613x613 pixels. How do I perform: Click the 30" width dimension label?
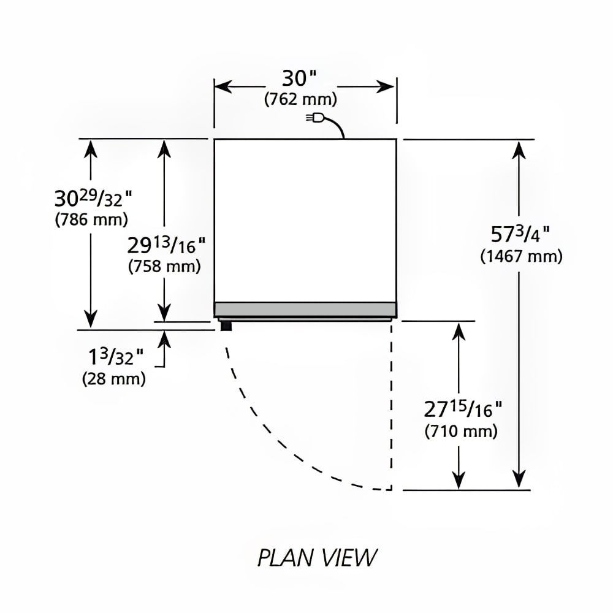point(299,78)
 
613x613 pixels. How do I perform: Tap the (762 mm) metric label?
point(300,99)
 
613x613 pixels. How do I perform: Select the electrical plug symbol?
point(315,117)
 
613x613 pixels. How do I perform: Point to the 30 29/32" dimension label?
point(93,198)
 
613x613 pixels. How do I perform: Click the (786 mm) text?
point(91,219)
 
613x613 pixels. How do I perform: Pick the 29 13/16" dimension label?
point(166,245)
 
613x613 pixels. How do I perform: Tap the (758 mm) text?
point(164,266)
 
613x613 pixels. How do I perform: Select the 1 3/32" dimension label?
point(116,356)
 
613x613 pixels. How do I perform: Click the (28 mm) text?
point(114,378)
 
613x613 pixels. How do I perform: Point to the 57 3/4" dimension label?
point(520,234)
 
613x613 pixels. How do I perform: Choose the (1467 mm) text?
point(521,256)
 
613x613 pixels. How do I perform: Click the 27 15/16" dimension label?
point(462,409)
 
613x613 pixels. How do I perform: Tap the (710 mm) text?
point(461,431)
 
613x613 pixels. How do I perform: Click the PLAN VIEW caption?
point(317,557)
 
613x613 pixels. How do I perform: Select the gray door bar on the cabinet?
point(305,309)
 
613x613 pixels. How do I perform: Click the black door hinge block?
point(226,326)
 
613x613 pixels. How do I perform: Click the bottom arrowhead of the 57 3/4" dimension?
point(519,478)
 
